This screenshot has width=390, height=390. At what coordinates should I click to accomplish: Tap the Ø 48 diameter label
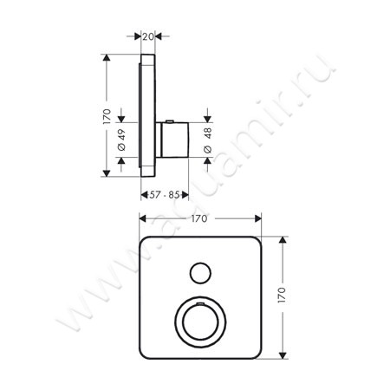click(x=207, y=140)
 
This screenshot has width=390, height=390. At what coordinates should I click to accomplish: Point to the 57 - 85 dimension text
click(x=161, y=196)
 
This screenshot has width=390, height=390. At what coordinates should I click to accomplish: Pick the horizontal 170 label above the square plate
click(x=198, y=220)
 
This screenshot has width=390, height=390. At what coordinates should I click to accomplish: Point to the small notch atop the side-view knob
click(x=169, y=119)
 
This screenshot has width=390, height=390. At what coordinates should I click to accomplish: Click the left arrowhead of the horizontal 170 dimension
click(x=141, y=220)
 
